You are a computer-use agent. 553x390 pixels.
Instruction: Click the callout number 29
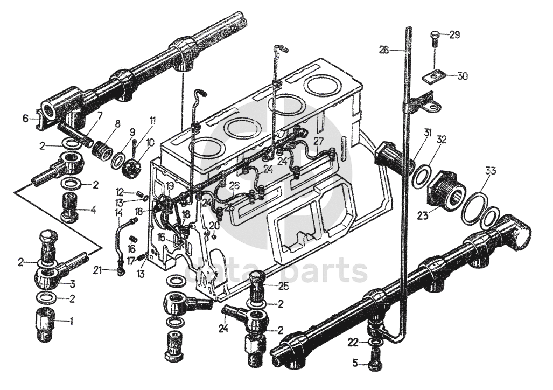tap(454, 36)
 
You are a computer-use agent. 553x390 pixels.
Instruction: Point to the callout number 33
tap(488, 172)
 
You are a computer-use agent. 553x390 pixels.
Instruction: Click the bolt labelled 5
tap(375, 364)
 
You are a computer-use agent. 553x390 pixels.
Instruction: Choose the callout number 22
tap(353, 342)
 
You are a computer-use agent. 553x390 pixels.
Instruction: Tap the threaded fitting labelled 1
tap(47, 324)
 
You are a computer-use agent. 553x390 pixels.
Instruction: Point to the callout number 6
tap(25, 118)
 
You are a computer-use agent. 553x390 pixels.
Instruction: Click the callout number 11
tap(152, 121)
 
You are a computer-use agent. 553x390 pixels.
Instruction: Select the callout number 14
tap(118, 213)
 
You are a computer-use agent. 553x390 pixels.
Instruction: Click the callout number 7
tap(100, 115)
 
